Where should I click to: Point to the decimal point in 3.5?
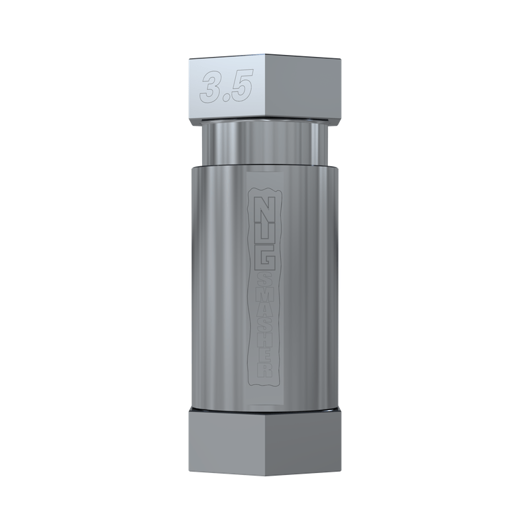point(225,97)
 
